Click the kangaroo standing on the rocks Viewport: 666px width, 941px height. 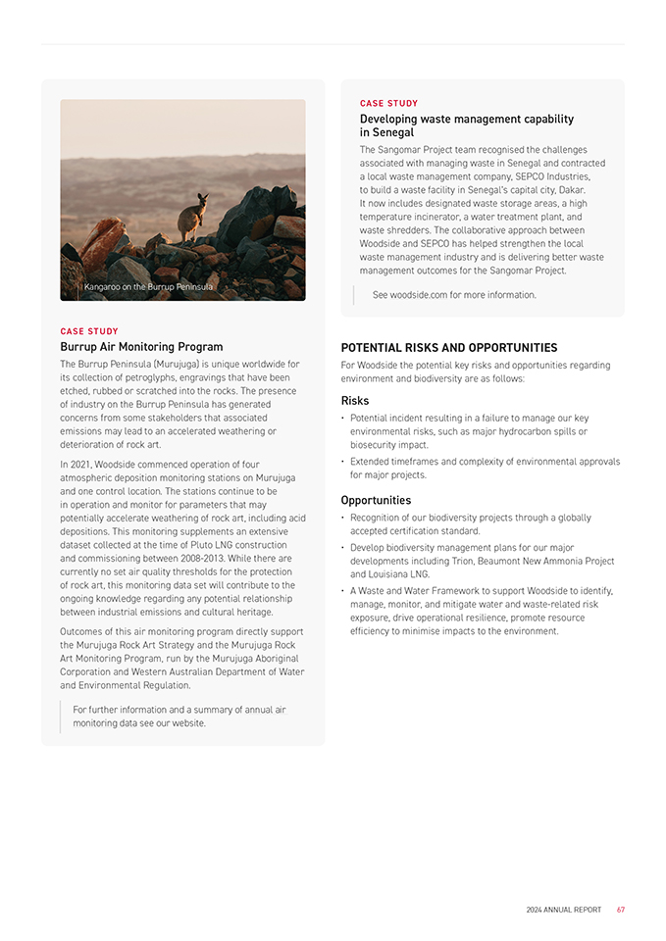[191, 217]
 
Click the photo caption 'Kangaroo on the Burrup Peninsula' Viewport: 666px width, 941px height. [148, 287]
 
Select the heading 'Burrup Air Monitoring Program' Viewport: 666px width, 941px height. [141, 347]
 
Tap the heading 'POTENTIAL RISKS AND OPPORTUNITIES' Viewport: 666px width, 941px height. [448, 348]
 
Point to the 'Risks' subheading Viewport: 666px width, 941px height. [354, 401]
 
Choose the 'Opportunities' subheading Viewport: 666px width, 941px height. [376, 500]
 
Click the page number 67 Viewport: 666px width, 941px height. [621, 910]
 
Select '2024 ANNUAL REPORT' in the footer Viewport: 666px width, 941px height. [564, 910]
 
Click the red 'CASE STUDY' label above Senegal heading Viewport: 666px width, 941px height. [388, 103]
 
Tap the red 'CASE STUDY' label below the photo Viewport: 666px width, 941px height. [89, 331]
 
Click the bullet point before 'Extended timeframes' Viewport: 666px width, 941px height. [342, 462]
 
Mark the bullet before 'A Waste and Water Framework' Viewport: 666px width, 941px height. [342, 591]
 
